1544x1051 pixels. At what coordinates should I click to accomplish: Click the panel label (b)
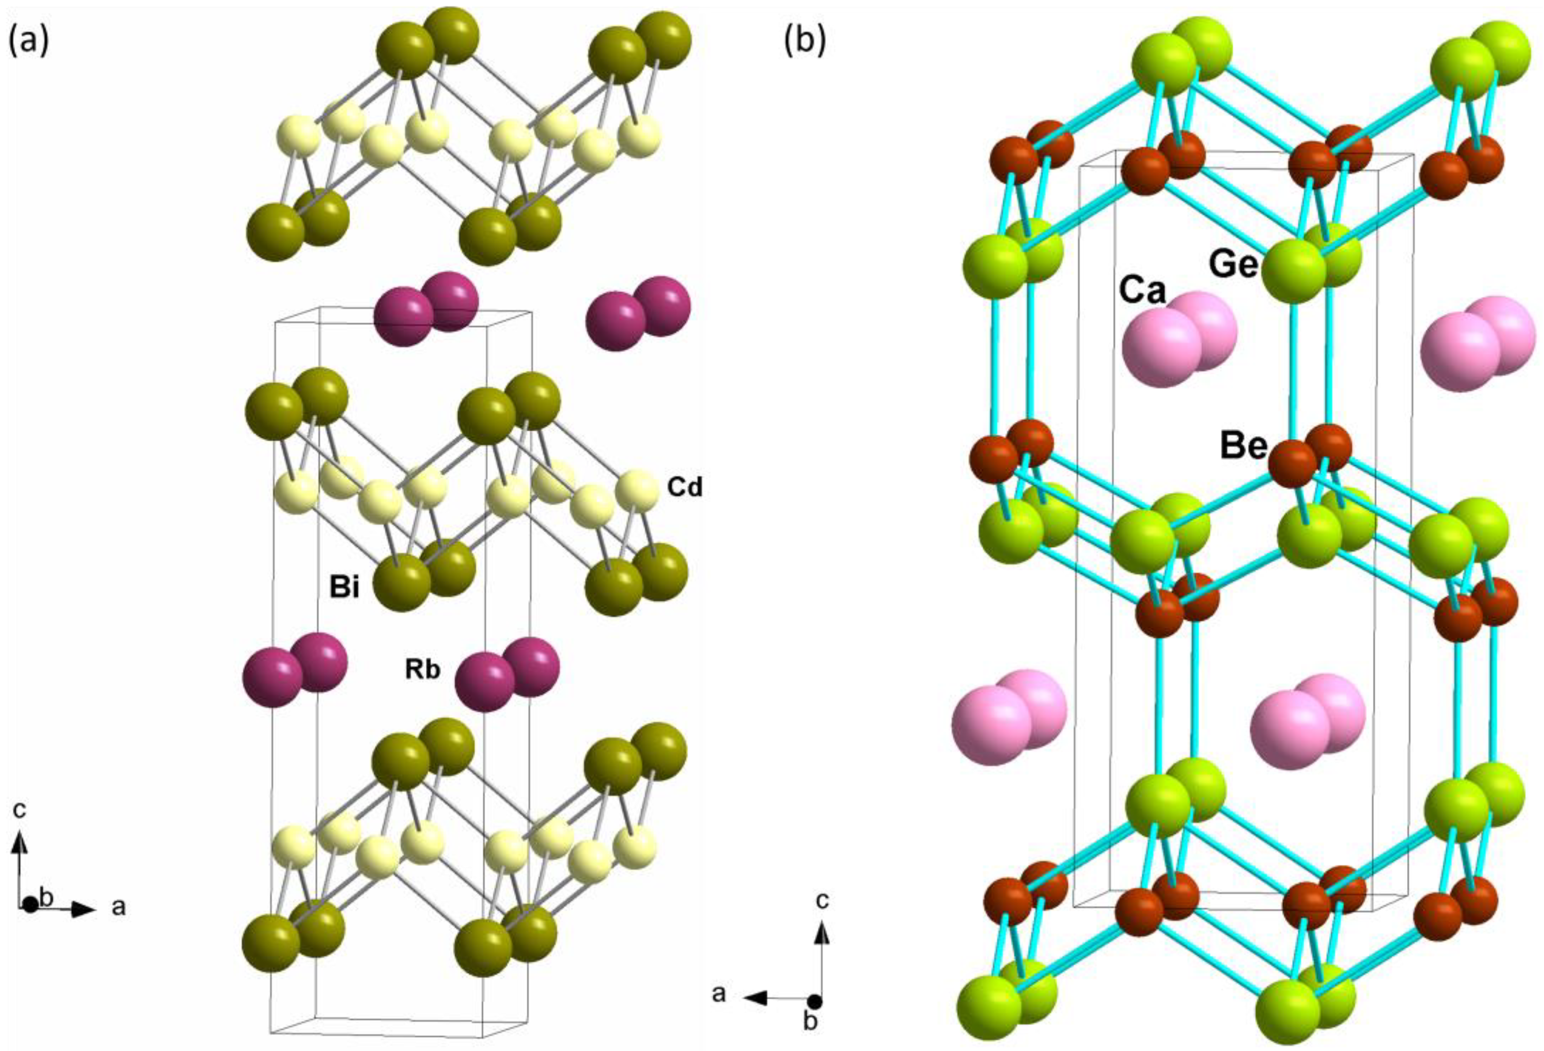pyautogui.click(x=805, y=41)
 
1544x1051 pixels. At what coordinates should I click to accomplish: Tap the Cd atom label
pyautogui.click(x=684, y=489)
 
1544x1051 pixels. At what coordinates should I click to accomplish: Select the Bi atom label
pyautogui.click(x=345, y=587)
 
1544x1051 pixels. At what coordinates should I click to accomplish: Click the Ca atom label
pyautogui.click(x=1143, y=290)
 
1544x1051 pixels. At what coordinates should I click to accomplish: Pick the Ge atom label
pyautogui.click(x=1232, y=264)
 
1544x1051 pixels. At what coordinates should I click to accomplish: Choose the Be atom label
pyautogui.click(x=1243, y=446)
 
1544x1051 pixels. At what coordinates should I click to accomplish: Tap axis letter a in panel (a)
pyautogui.click(x=118, y=906)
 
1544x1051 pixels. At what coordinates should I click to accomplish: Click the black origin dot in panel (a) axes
pyautogui.click(x=29, y=905)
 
